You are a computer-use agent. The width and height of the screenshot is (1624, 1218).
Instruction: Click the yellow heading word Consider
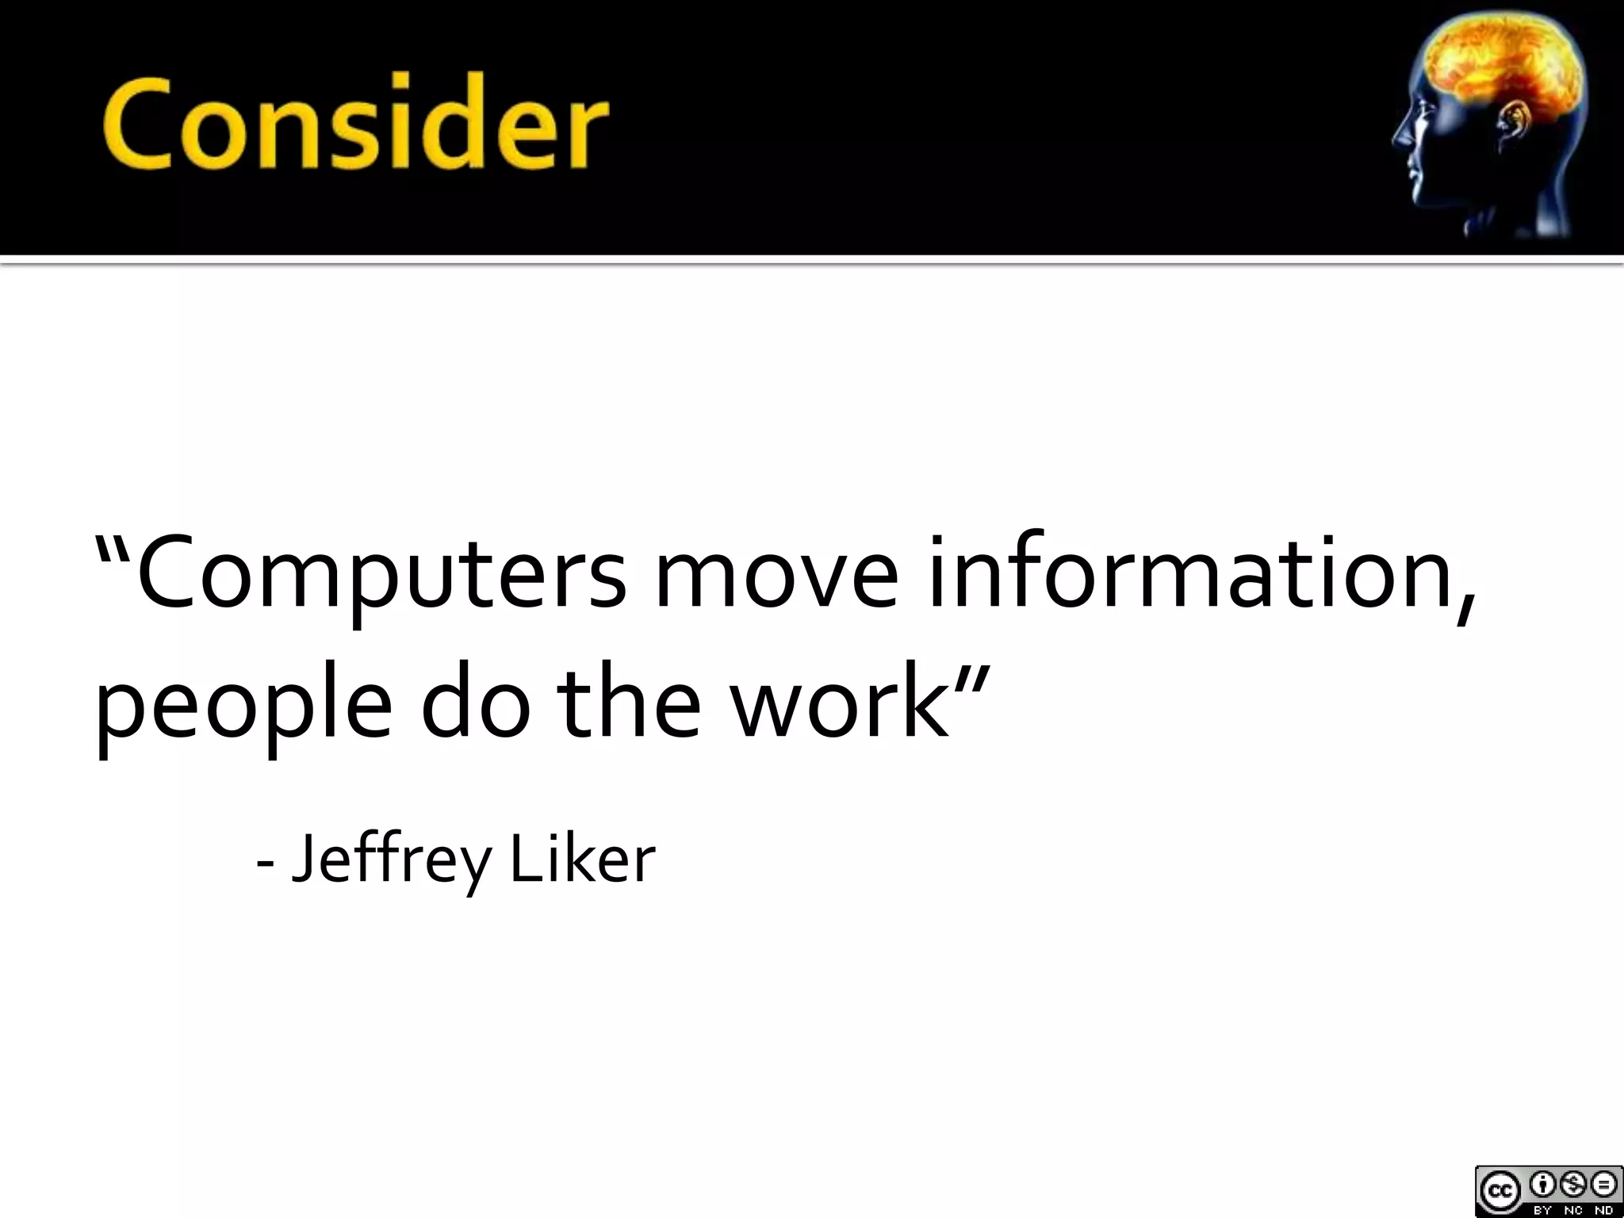354,124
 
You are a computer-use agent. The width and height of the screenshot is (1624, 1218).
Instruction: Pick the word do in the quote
475,701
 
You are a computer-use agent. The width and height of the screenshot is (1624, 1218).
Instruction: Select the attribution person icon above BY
1542,1184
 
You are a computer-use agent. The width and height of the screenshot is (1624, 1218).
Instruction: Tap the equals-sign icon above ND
1603,1184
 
